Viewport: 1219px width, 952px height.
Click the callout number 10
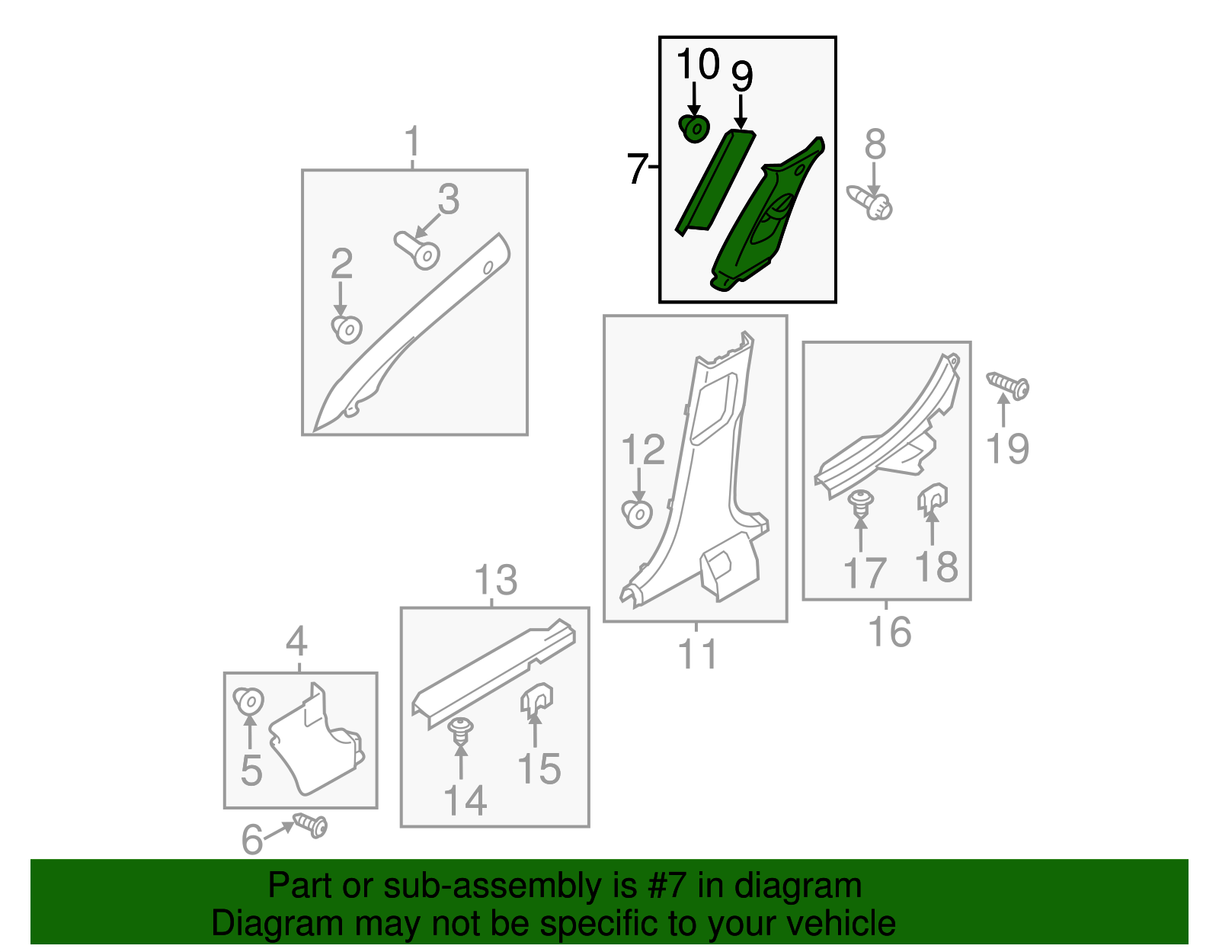(697, 64)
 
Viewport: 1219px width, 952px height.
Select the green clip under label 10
(694, 129)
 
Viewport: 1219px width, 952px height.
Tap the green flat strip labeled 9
(714, 181)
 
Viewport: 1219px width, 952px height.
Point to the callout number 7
(638, 168)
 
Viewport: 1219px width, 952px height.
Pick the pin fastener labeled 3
(418, 250)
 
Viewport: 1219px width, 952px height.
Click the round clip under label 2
(347, 329)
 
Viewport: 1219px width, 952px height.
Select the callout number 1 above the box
(412, 142)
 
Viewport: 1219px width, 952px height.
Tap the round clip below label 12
(637, 514)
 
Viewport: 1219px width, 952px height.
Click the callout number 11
(697, 654)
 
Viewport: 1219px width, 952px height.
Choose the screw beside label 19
(1009, 386)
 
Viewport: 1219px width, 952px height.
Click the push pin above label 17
(861, 503)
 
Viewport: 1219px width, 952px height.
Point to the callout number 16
(889, 632)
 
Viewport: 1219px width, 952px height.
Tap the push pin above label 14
(461, 732)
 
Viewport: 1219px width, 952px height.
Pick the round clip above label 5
(248, 700)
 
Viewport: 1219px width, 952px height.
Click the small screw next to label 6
(311, 825)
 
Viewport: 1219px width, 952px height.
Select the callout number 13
(495, 581)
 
